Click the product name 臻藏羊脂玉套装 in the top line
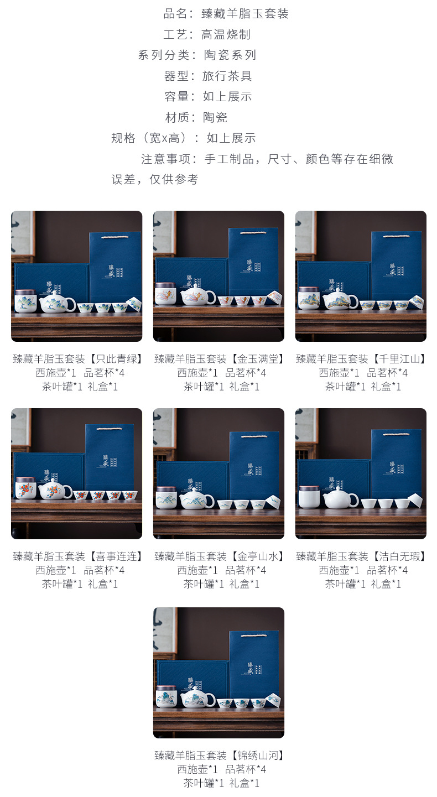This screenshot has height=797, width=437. pos(245,14)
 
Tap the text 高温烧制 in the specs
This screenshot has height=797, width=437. pos(226,34)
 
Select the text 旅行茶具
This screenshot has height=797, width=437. pos(227,76)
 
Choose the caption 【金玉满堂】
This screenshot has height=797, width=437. pos(257,358)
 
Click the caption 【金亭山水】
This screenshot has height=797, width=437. pos(257,556)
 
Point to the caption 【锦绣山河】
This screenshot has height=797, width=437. pos(257,755)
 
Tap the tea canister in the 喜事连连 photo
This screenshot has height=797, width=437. pos(25,488)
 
